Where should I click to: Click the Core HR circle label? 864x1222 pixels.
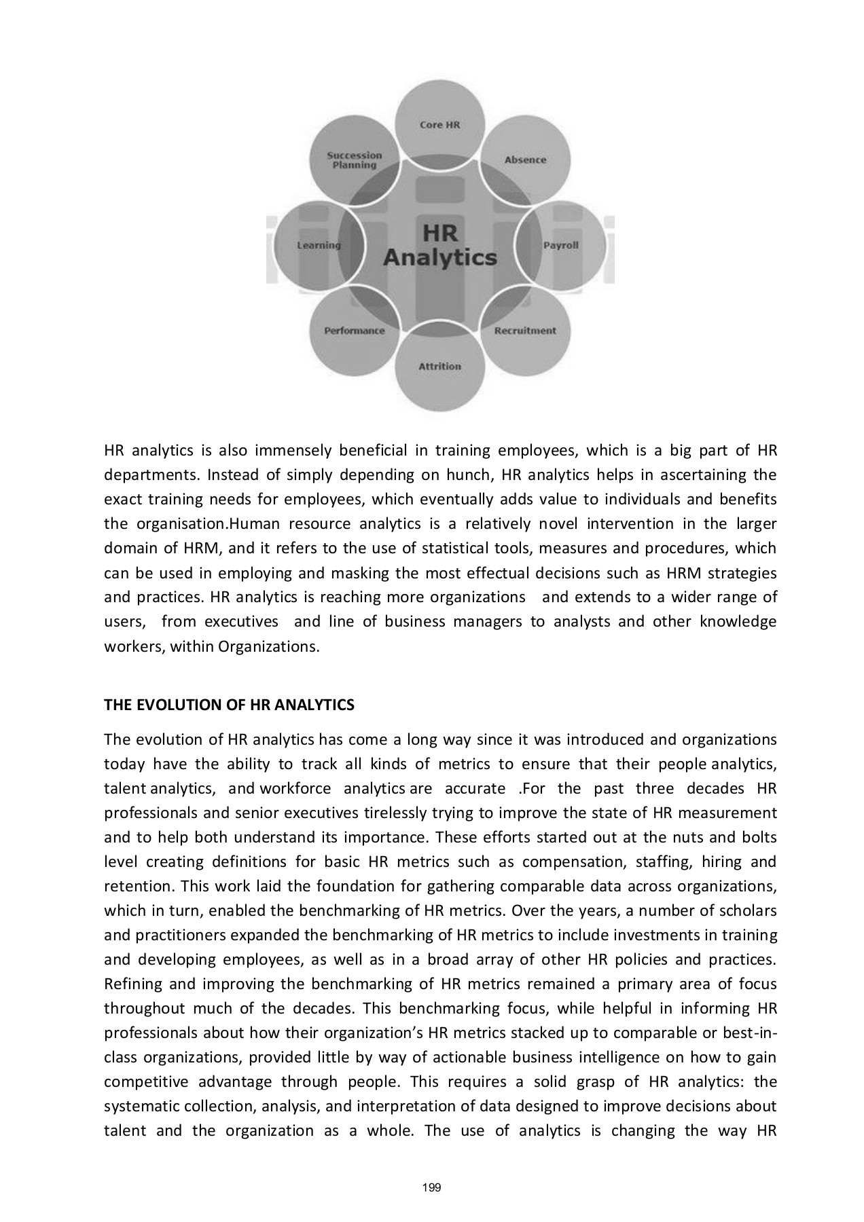click(440, 125)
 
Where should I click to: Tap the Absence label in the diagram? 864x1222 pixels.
click(525, 160)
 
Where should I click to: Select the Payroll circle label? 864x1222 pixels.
click(560, 245)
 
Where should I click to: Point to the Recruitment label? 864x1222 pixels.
click(525, 331)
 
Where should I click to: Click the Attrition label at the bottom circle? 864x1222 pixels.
click(439, 367)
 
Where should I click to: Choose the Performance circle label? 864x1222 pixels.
click(355, 331)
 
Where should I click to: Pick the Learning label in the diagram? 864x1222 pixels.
click(319, 245)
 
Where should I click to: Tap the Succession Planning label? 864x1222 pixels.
click(355, 160)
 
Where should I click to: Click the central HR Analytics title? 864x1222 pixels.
click(440, 246)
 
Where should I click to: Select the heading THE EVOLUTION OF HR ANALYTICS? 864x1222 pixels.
click(229, 705)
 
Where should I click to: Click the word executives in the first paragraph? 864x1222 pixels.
click(242, 622)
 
